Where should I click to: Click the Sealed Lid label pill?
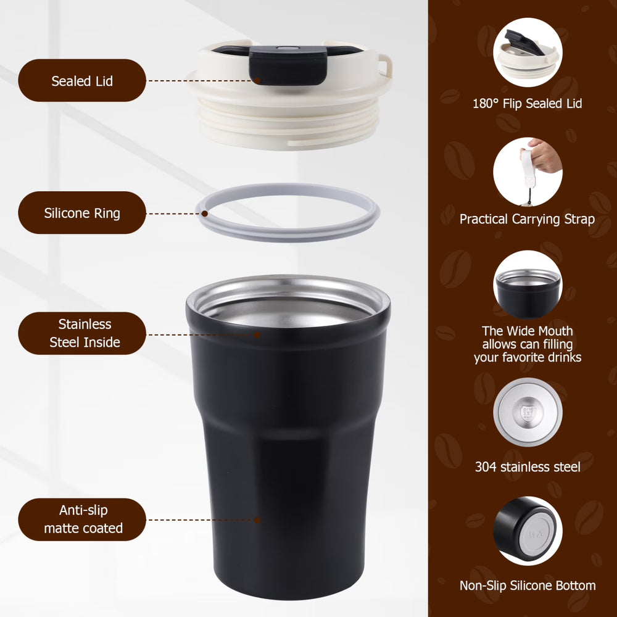(x=82, y=80)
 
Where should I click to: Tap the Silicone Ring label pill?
(x=82, y=212)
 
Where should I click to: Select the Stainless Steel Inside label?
(x=82, y=333)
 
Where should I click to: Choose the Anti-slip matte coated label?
(x=82, y=520)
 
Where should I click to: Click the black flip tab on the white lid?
(x=288, y=65)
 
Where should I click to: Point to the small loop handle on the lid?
(x=385, y=65)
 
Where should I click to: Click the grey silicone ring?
(x=288, y=237)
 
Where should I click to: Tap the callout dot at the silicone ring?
(x=205, y=213)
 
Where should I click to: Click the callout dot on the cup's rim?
(x=257, y=335)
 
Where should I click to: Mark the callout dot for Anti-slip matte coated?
(x=257, y=520)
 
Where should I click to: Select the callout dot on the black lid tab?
(x=257, y=81)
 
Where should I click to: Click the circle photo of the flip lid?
(x=528, y=52)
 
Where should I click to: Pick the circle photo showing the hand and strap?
(x=528, y=172)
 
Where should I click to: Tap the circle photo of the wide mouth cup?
(x=528, y=285)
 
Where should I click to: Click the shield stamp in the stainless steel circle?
(x=528, y=413)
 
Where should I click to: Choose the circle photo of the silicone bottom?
(x=528, y=531)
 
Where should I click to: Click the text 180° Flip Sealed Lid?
(x=528, y=104)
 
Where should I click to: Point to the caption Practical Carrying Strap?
(x=528, y=219)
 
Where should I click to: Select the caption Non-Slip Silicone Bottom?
(x=528, y=586)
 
